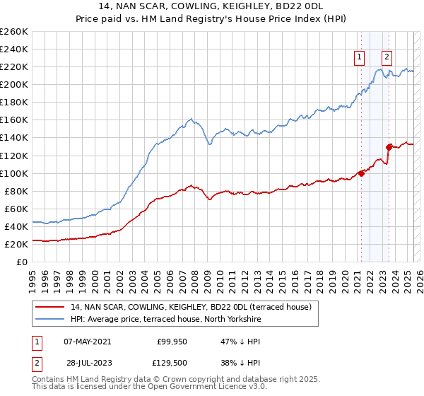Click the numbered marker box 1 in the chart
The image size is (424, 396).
tap(360, 58)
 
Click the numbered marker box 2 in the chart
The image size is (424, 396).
tap(387, 58)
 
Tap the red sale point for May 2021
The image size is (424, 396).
tap(361, 173)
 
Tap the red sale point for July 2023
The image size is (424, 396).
tap(389, 147)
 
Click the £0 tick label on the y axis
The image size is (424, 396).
tap(22, 262)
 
